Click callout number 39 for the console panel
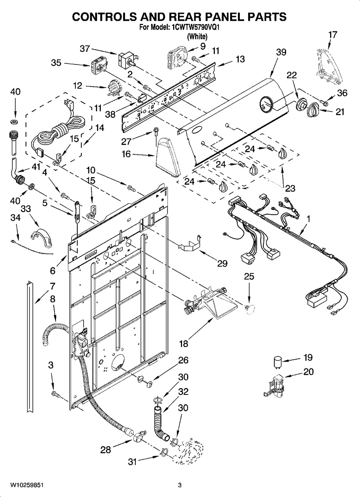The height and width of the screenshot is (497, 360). click(x=281, y=52)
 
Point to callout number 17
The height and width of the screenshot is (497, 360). click(x=332, y=35)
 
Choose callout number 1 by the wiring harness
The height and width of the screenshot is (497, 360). click(x=309, y=218)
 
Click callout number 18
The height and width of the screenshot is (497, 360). click(x=184, y=343)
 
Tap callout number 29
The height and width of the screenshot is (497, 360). click(x=222, y=264)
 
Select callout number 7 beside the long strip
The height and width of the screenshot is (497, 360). click(x=52, y=287)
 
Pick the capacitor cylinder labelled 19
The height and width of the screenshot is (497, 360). click(x=277, y=361)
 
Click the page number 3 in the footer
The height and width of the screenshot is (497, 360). click(x=179, y=485)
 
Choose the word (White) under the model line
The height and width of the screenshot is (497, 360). click(x=197, y=37)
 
